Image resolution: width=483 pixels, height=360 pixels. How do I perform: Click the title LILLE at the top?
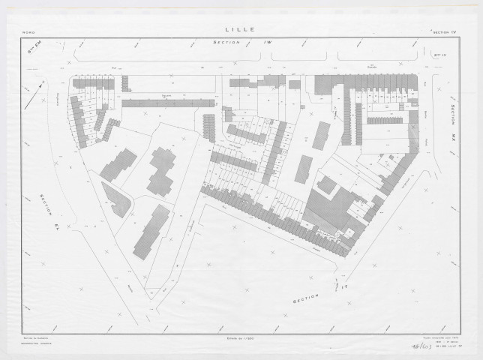click(240, 30)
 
